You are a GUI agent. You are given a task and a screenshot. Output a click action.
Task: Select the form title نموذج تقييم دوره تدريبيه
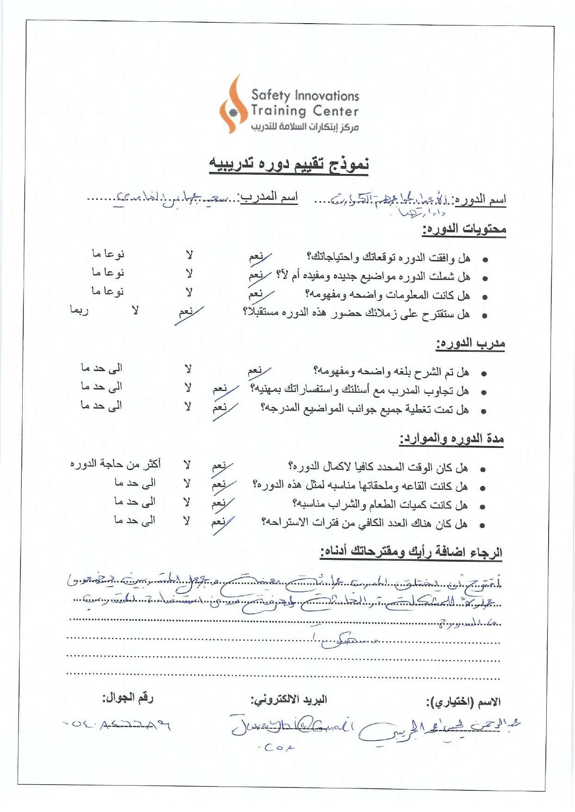click(289, 164)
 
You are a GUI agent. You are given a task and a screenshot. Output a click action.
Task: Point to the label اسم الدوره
click(480, 200)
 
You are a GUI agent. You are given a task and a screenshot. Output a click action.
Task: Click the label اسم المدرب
click(269, 197)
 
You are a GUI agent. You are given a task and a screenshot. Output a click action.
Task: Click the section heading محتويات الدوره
click(464, 229)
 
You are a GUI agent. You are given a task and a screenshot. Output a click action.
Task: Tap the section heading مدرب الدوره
click(470, 343)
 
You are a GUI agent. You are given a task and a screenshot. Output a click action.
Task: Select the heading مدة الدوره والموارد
click(451, 438)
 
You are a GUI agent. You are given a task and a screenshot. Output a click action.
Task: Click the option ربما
click(79, 310)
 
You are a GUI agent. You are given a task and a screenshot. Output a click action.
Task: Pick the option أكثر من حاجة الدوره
click(115, 464)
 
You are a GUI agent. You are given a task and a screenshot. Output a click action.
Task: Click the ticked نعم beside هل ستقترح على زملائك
click(187, 312)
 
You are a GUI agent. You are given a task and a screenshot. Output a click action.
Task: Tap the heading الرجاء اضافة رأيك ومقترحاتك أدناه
click(411, 552)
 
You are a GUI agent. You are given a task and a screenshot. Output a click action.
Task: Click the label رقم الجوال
click(128, 698)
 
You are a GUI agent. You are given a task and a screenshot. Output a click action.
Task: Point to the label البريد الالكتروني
click(289, 700)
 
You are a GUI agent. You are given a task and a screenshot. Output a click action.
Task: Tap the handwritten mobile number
click(117, 725)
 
